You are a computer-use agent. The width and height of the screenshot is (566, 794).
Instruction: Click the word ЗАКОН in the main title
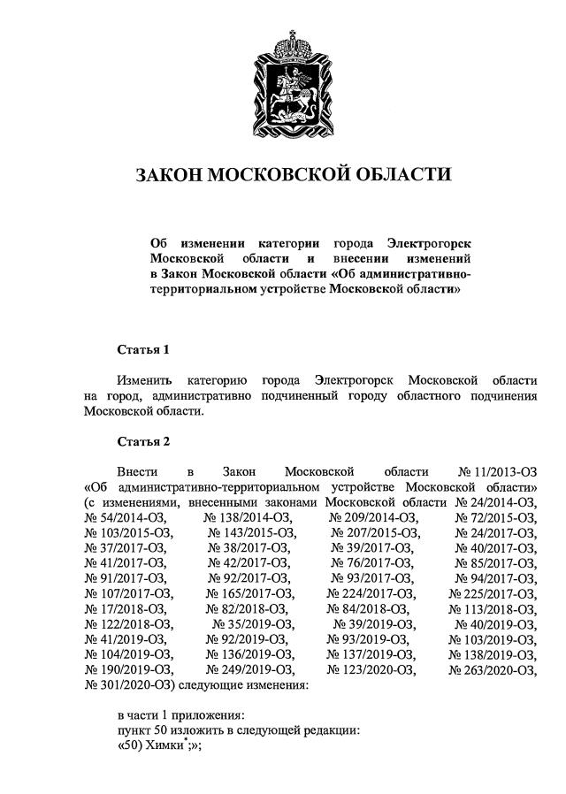click(x=167, y=174)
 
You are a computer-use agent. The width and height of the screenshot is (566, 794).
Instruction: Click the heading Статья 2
click(x=142, y=440)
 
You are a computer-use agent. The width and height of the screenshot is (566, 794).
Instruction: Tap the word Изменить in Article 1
click(x=145, y=379)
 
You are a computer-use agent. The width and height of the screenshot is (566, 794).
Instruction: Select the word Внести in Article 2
click(x=139, y=471)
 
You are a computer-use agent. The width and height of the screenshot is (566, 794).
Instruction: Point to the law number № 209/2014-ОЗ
click(x=373, y=517)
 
